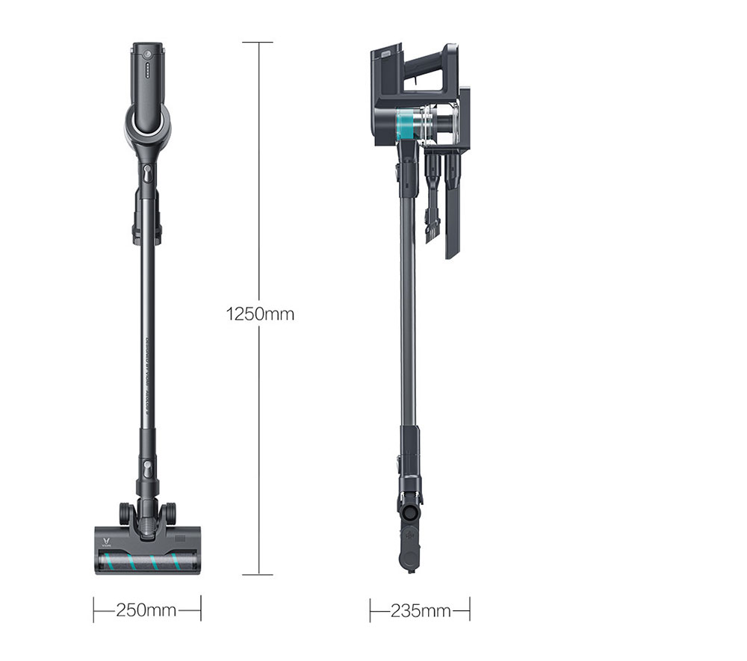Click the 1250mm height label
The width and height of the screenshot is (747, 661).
(260, 314)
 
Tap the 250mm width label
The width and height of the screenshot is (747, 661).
(146, 611)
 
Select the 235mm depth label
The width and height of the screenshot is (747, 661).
(420, 611)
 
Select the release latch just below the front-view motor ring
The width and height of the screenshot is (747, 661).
(147, 175)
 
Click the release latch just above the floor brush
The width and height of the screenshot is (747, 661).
(147, 472)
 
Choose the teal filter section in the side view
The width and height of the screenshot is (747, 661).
(406, 123)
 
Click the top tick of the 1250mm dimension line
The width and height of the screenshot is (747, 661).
(258, 43)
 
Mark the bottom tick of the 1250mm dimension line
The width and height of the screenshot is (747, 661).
(258, 574)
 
